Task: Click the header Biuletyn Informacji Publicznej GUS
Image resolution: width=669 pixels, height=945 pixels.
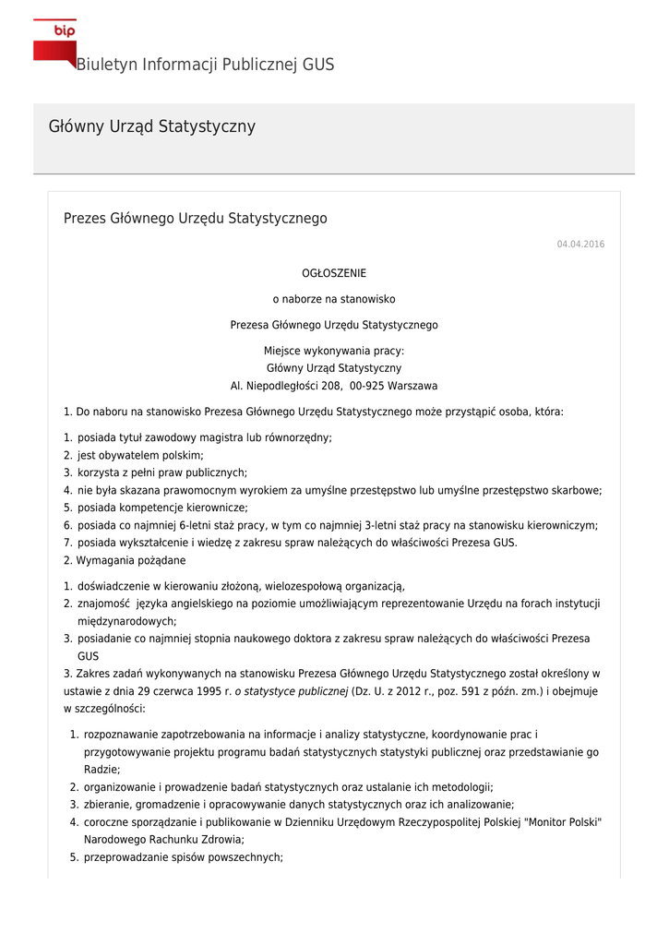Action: [x=205, y=65]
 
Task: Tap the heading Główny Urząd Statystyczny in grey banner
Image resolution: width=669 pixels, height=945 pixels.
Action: [x=151, y=126]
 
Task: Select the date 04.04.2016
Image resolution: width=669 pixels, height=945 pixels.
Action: [x=580, y=244]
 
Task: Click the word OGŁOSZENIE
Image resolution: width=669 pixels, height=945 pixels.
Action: [x=334, y=273]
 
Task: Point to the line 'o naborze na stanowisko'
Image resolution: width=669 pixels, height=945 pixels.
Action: [x=334, y=299]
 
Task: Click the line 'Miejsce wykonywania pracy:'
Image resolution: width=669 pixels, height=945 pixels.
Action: [x=334, y=351]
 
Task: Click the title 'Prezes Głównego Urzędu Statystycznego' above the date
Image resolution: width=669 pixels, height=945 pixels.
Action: [x=195, y=219]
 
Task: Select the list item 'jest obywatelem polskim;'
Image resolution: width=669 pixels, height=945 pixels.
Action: [x=140, y=455]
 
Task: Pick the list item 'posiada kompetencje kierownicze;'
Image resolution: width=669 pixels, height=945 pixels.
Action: [x=162, y=507]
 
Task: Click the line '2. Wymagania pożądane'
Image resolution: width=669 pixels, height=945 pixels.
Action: [x=125, y=560]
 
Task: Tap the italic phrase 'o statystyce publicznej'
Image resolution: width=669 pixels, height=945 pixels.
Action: [x=291, y=690]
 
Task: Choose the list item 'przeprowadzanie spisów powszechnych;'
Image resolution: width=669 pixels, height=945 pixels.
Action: [x=183, y=856]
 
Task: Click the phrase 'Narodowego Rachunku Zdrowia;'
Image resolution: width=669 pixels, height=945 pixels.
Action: [x=163, y=840]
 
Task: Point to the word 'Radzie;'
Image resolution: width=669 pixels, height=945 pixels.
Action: [x=102, y=769]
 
